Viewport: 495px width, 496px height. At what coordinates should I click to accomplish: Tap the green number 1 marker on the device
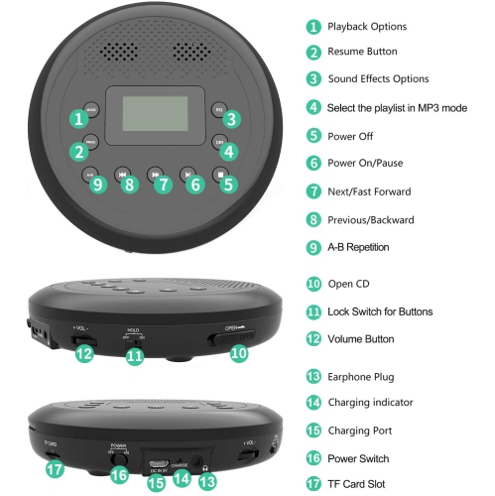(77, 119)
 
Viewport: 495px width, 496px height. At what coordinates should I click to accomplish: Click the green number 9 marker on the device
(96, 183)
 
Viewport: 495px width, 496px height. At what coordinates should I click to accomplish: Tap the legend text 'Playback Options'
(367, 27)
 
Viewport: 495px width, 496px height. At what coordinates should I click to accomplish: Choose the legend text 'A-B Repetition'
(358, 246)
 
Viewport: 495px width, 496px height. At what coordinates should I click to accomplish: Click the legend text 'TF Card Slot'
(357, 484)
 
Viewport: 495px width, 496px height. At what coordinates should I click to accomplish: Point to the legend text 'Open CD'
(349, 284)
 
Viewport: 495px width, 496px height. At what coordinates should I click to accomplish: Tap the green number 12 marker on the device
(85, 352)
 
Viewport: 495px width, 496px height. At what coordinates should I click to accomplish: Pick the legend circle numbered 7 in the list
(313, 190)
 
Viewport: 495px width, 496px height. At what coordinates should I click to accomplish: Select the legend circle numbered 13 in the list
(313, 376)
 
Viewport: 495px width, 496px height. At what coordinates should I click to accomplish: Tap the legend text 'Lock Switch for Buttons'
(380, 311)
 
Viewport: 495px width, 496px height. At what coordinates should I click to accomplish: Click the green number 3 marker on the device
(230, 119)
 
